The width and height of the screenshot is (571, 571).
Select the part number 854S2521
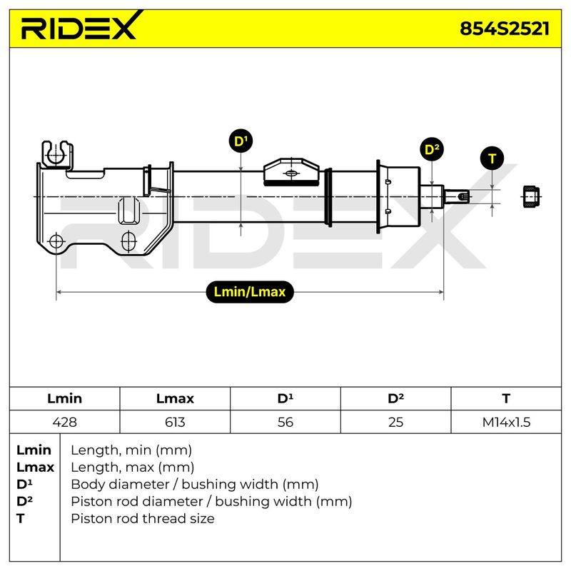(505, 29)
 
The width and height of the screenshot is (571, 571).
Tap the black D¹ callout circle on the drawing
(241, 141)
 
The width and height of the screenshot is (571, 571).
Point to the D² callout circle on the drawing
(432, 149)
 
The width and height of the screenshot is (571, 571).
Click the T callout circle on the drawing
(492, 158)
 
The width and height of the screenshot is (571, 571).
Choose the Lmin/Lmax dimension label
(250, 292)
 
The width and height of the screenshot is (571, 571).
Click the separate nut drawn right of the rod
(530, 197)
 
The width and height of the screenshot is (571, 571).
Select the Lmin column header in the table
(64, 398)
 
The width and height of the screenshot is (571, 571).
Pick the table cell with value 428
(64, 422)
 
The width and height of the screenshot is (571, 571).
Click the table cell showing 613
(175, 422)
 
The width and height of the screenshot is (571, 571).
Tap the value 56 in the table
(285, 422)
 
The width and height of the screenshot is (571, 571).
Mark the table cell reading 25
(396, 422)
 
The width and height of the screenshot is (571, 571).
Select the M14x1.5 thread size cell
(506, 422)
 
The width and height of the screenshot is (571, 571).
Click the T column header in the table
(506, 398)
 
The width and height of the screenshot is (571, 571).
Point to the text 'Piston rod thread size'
(143, 519)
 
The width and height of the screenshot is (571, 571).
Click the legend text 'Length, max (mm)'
(133, 468)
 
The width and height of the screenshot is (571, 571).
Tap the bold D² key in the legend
(24, 501)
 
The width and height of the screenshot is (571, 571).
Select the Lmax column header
(175, 398)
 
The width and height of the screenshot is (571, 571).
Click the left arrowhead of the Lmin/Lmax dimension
(59, 292)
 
